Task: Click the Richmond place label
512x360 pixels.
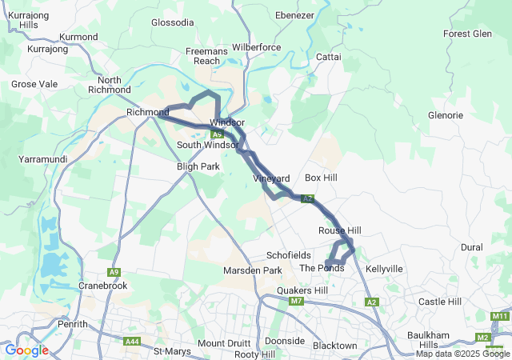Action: click(x=147, y=113)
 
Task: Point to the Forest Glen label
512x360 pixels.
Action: click(x=467, y=34)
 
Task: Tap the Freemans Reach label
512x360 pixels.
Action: click(x=207, y=56)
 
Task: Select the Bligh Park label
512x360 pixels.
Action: click(x=198, y=166)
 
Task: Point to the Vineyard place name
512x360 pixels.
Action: click(x=270, y=178)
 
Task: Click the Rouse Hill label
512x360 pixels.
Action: click(x=340, y=230)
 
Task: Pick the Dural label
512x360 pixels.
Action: click(x=472, y=247)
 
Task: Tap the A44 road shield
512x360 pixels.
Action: click(x=132, y=342)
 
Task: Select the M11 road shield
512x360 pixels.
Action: click(x=501, y=317)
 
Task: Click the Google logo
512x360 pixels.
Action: click(x=26, y=350)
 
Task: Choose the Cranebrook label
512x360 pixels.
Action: click(x=103, y=285)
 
